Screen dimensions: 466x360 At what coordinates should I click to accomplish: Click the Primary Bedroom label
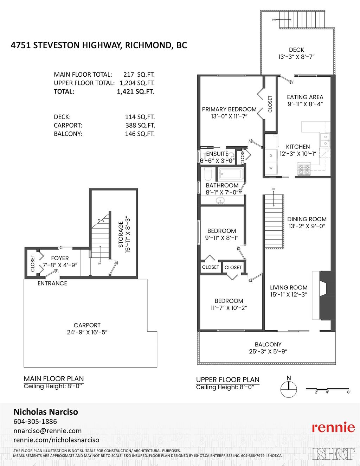(x=229, y=109)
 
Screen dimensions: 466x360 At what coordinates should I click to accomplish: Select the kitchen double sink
(x=325, y=140)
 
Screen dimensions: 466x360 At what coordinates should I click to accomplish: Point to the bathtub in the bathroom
(x=231, y=174)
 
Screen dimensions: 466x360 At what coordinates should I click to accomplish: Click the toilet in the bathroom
(x=207, y=174)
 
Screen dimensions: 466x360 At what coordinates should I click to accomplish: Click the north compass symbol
(x=289, y=389)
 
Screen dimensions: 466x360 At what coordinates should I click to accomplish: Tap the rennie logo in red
(x=333, y=427)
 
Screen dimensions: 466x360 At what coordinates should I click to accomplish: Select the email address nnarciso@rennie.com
(x=47, y=430)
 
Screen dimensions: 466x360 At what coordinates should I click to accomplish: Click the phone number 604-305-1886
(x=35, y=421)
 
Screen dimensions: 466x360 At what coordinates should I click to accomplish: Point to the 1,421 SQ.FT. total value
(x=135, y=91)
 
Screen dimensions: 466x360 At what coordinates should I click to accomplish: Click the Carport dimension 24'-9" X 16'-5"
(x=87, y=332)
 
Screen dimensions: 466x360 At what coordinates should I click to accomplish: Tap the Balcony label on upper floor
(x=268, y=344)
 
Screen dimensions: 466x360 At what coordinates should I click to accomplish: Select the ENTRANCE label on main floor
(x=52, y=283)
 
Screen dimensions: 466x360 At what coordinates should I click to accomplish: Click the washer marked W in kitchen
(x=271, y=168)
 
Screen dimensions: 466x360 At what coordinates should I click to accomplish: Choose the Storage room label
(x=121, y=234)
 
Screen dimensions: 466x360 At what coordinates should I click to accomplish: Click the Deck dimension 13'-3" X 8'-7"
(x=296, y=57)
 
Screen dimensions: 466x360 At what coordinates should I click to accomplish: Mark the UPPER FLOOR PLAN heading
(x=227, y=379)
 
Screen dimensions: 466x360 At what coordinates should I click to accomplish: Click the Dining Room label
(x=307, y=219)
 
